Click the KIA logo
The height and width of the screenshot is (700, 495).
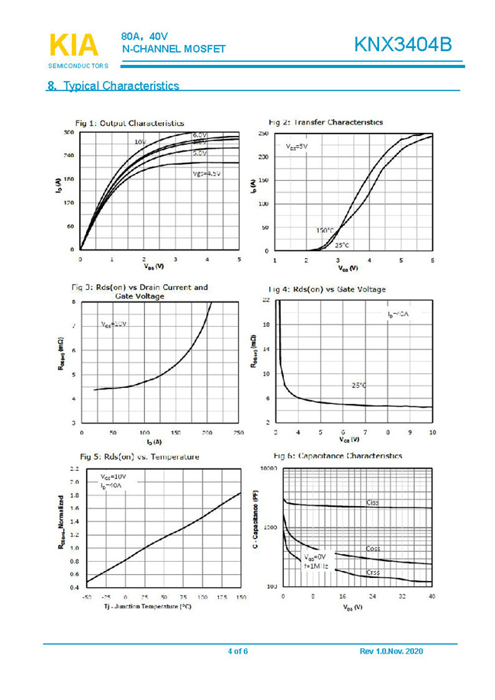coord(73,46)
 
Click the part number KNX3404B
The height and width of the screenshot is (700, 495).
coord(403,45)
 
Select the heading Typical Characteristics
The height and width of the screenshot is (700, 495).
coord(114,85)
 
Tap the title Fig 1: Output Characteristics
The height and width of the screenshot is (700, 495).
coord(129,123)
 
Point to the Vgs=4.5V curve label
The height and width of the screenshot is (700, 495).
coord(207,174)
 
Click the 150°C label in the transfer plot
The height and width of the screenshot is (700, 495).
coord(326,230)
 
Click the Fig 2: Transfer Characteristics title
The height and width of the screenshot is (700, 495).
coord(326,122)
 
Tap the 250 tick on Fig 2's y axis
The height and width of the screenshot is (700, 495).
coord(262,134)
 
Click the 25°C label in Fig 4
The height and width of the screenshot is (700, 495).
coord(359,385)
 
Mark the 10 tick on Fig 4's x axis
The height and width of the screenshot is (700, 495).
coord(432,432)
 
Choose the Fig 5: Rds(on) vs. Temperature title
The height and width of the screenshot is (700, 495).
coord(137,456)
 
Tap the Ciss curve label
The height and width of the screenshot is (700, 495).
coord(372,502)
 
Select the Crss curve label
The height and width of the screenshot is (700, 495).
coord(372,572)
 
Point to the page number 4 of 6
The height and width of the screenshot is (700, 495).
coord(238,651)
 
